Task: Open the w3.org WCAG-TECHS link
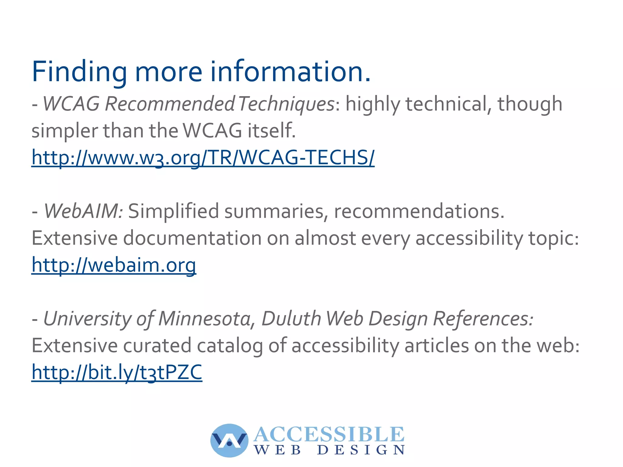coord(203,158)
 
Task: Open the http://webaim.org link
coord(114,265)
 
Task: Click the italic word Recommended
coord(169,104)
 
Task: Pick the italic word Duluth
coord(291,319)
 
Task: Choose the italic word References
coord(483,319)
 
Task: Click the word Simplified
coord(173,211)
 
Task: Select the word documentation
coord(192,238)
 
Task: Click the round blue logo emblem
coord(229,440)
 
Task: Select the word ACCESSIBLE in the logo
coord(329,434)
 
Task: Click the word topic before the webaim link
coord(553,238)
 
